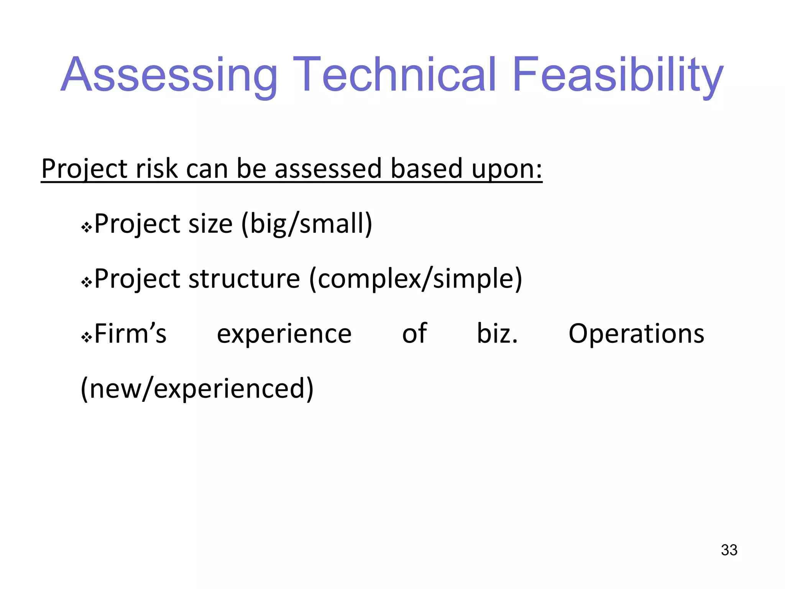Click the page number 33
pyautogui.click(x=729, y=550)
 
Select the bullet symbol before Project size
pyautogui.click(x=87, y=228)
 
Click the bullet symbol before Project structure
pyautogui.click(x=87, y=283)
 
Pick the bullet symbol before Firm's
pyautogui.click(x=87, y=338)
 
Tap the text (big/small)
pyautogui.click(x=307, y=224)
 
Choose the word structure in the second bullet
pyautogui.click(x=244, y=279)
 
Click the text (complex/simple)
pyautogui.click(x=415, y=279)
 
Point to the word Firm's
pyautogui.click(x=130, y=334)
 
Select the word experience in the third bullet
pyautogui.click(x=284, y=334)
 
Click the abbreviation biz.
pyautogui.click(x=497, y=334)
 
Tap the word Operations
pyautogui.click(x=636, y=334)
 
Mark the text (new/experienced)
pyautogui.click(x=197, y=389)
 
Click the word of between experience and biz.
pyautogui.click(x=414, y=334)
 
